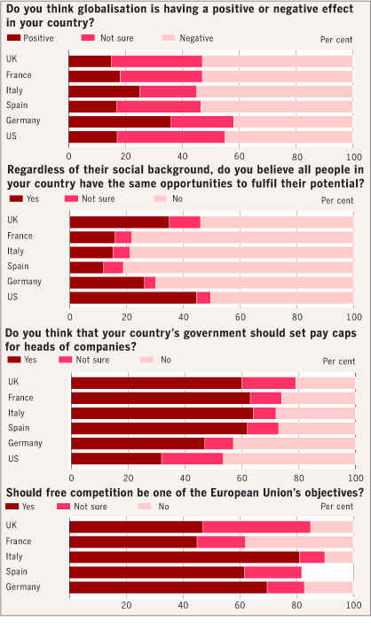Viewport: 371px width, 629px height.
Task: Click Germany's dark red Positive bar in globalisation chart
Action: [120, 121]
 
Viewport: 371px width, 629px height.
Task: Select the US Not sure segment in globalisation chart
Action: [170, 136]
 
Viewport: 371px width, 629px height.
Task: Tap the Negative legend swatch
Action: [169, 38]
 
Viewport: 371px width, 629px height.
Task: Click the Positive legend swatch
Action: [13, 38]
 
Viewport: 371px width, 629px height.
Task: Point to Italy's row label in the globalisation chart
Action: [14, 90]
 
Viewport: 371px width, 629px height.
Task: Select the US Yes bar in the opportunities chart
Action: [133, 298]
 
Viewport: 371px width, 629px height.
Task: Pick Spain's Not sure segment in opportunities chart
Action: [113, 268]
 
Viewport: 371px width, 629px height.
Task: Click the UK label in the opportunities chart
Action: [12, 221]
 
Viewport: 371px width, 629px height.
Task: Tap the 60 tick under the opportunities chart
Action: [240, 317]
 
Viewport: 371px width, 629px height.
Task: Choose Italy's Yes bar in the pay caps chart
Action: [162, 413]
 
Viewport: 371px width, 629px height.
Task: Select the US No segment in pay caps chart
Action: [289, 459]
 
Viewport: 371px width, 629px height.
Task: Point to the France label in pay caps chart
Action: [20, 398]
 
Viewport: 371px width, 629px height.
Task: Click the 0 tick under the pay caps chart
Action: [72, 478]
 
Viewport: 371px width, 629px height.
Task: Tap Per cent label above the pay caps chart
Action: [339, 361]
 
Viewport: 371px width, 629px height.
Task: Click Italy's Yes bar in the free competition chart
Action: [185, 557]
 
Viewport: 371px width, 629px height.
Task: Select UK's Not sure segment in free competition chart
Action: [257, 527]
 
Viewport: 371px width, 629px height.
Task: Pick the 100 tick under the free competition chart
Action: [354, 605]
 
